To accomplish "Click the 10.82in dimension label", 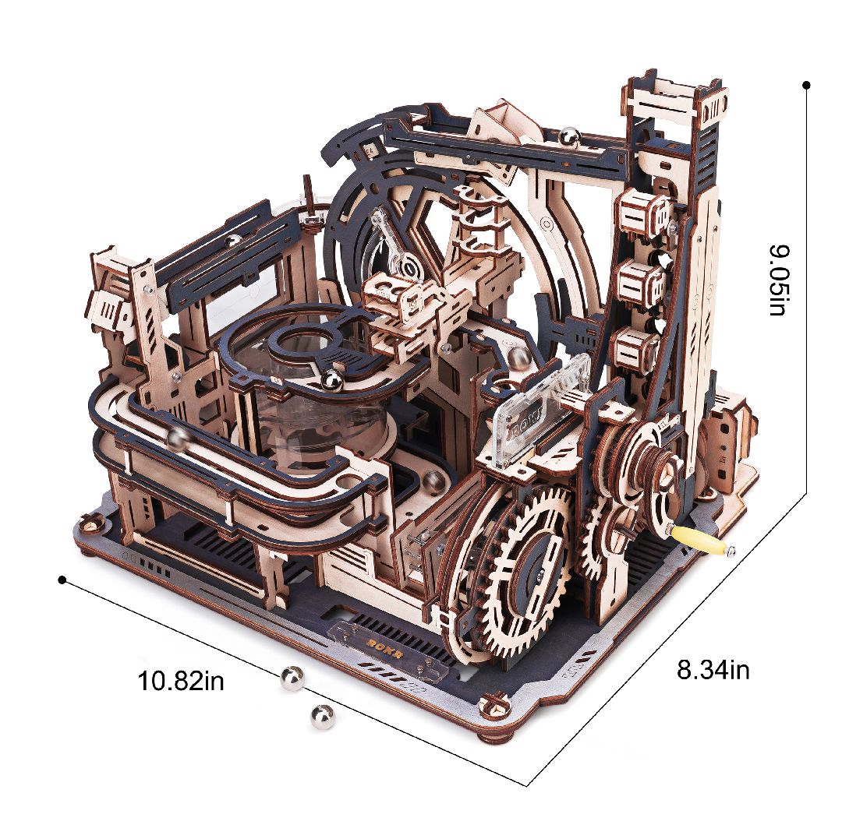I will (181, 682).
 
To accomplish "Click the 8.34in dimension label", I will (713, 669).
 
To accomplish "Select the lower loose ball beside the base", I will (322, 717).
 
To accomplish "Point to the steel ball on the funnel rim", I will (331, 380).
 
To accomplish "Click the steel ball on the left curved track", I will (177, 439).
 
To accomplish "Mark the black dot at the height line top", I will (807, 84).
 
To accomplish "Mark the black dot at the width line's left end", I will (62, 580).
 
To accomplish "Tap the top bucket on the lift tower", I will (641, 213).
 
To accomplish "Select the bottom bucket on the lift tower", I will (636, 348).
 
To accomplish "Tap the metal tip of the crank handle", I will (730, 550).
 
